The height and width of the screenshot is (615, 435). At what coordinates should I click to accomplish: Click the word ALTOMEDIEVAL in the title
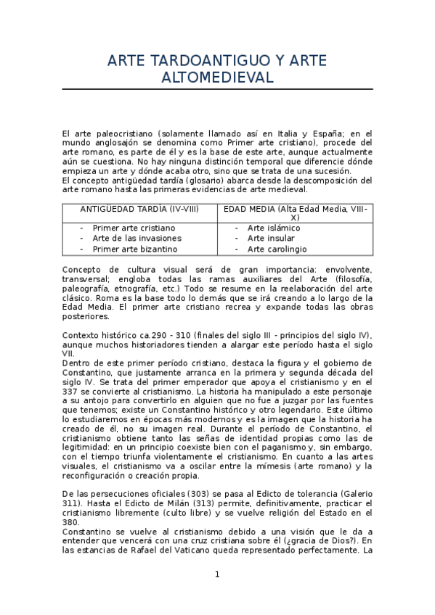tap(217, 78)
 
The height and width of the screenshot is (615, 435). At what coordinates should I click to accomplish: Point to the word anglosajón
tap(109, 143)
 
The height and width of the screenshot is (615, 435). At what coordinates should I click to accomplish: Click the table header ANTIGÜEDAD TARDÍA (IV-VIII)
tap(139, 209)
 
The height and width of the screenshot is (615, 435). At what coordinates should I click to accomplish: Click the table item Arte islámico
tap(274, 228)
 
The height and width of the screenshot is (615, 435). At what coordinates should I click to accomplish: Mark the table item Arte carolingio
tap(276, 249)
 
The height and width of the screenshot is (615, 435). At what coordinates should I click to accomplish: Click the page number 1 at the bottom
tap(217, 574)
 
